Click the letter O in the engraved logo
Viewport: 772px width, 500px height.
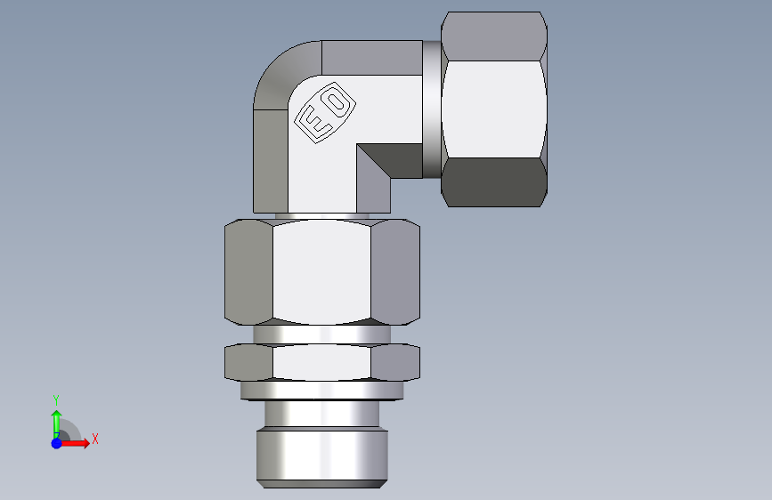coord(336,103)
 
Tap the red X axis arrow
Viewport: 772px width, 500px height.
coord(73,443)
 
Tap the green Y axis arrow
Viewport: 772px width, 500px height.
coord(56,424)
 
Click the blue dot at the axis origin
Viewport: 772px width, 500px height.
coord(57,443)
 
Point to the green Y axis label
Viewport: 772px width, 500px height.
coord(56,400)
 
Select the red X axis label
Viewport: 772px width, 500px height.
coord(95,439)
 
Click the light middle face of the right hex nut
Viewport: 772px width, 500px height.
coord(494,109)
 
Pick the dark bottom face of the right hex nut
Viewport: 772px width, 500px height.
coord(494,182)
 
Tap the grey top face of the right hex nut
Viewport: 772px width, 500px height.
coord(494,36)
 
